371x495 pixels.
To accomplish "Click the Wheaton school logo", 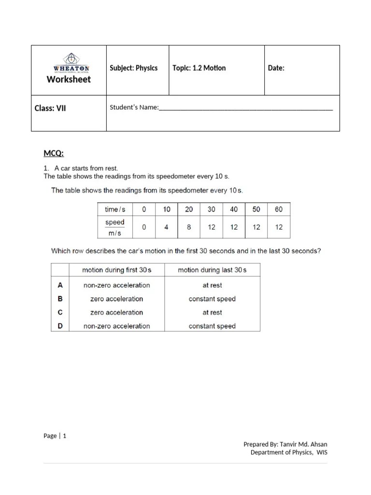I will (x=71, y=63).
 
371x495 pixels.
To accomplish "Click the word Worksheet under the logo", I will (x=69, y=79).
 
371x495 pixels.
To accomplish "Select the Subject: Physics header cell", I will (x=134, y=68).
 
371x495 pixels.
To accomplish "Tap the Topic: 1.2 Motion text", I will (x=199, y=68).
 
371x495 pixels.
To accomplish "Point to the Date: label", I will (x=276, y=68).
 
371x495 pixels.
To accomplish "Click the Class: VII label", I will (x=50, y=108).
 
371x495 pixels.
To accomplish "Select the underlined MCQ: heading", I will (x=54, y=154).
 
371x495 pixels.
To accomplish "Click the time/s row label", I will (x=115, y=209).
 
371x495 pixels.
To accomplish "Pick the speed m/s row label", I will (x=115, y=227).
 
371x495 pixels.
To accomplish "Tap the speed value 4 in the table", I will (x=167, y=227).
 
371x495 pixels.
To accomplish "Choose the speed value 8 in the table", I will (x=189, y=227).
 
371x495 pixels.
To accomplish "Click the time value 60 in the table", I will (x=279, y=209).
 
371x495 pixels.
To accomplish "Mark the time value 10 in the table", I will (x=167, y=209).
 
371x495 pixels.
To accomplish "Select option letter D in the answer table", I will (x=60, y=326).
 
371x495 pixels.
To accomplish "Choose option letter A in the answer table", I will (x=60, y=285).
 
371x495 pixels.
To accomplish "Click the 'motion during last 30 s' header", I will (x=212, y=270).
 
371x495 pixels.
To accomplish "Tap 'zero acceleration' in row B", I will (x=117, y=299).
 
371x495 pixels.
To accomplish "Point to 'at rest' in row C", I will (x=212, y=312).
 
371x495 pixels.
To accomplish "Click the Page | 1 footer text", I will (x=55, y=436).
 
